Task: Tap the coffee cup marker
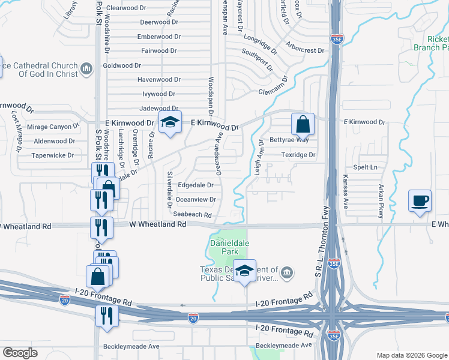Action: tap(420, 201)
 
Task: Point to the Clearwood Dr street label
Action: tap(125, 8)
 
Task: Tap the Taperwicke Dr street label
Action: tap(54, 155)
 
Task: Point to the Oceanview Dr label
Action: tap(196, 200)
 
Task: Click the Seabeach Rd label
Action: tap(192, 214)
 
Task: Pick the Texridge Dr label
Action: tap(299, 155)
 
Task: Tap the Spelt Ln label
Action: tap(366, 167)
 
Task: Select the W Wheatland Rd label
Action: tap(158, 224)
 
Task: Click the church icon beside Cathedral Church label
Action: tap(86, 70)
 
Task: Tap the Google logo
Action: tap(20, 353)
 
